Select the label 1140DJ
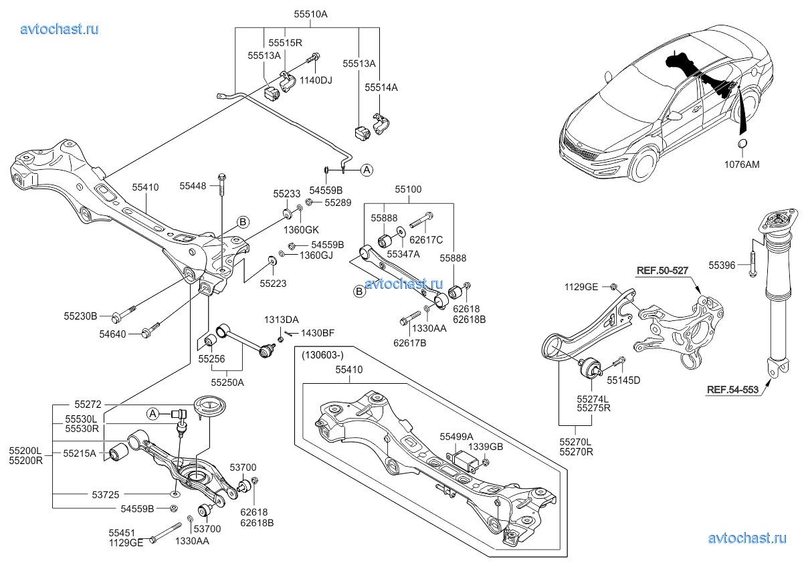click(x=316, y=80)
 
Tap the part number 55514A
click(x=381, y=87)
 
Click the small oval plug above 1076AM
click(x=742, y=146)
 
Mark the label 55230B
click(x=81, y=316)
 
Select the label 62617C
click(x=427, y=239)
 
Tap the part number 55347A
click(x=403, y=253)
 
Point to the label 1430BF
click(x=317, y=332)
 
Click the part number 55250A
click(x=227, y=382)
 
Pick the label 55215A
click(x=81, y=453)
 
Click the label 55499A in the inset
click(x=456, y=435)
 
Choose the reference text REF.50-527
click(x=663, y=271)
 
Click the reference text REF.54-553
click(x=732, y=390)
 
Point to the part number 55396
click(x=722, y=265)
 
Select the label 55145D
click(x=623, y=380)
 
